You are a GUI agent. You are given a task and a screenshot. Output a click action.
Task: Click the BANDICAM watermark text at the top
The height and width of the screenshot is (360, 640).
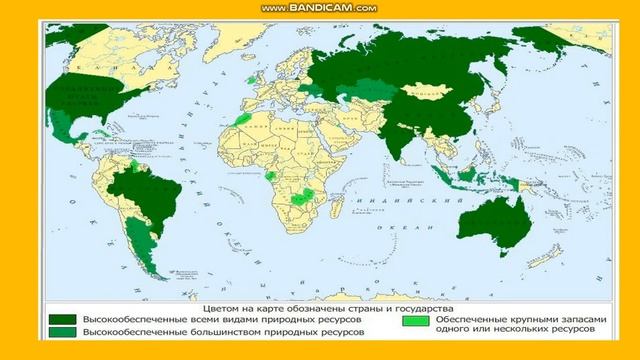[x=319, y=8]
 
